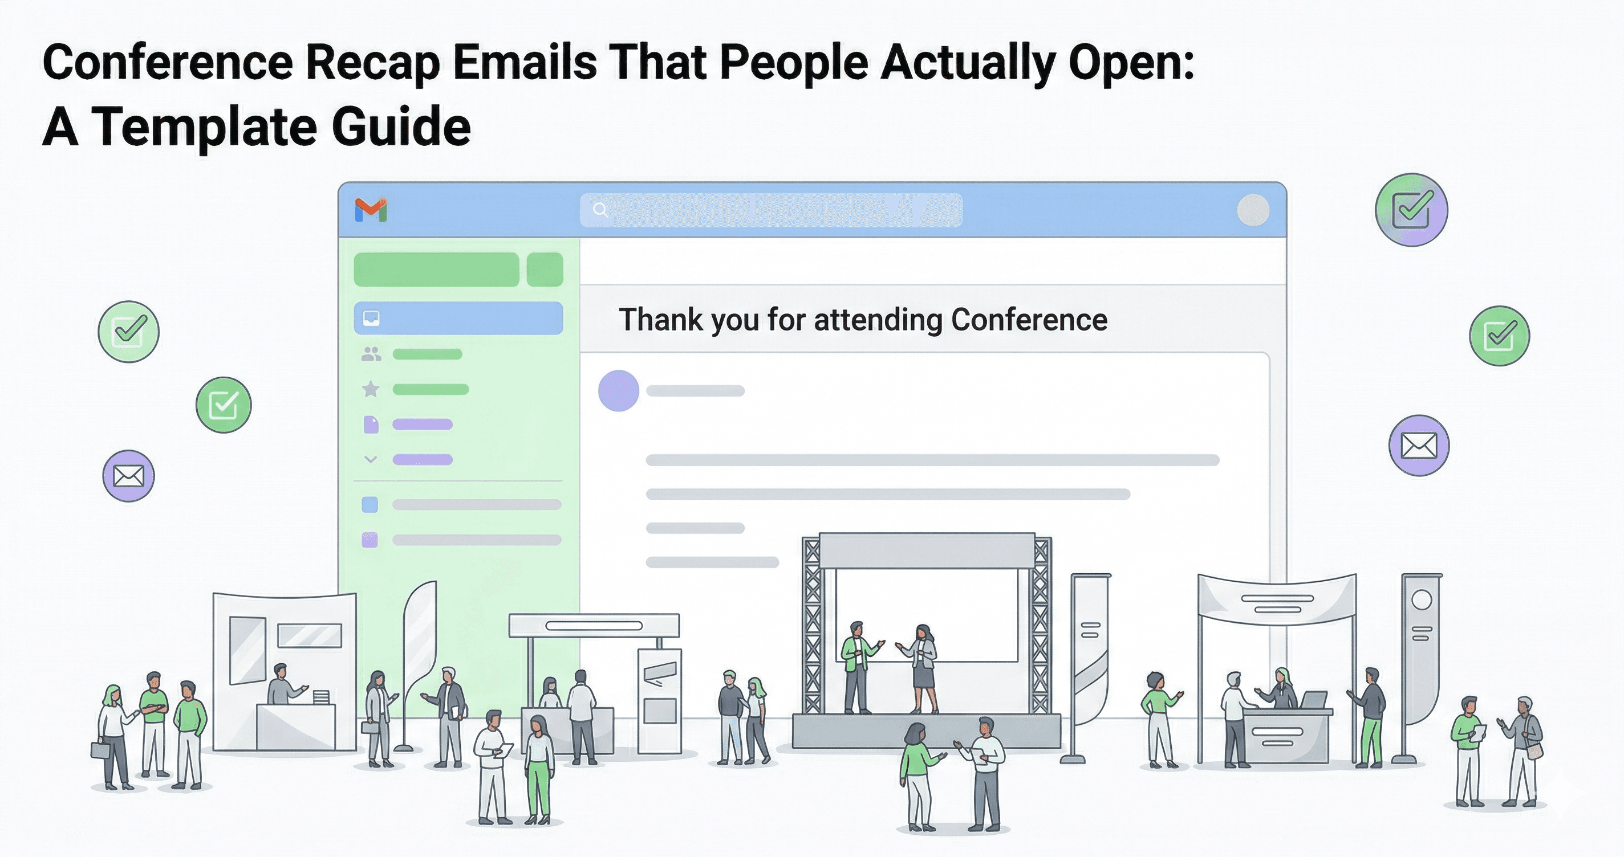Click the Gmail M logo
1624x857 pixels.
click(371, 210)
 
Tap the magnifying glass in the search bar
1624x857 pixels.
click(600, 210)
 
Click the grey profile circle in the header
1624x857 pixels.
click(1253, 210)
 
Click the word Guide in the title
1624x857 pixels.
click(401, 127)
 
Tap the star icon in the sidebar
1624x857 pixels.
click(371, 389)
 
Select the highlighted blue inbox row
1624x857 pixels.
click(458, 318)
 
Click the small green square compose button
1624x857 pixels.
click(545, 270)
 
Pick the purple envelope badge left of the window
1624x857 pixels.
click(129, 476)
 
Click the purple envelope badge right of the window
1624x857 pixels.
click(1419, 446)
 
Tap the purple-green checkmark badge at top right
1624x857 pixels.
click(1411, 210)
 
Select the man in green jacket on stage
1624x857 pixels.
click(856, 665)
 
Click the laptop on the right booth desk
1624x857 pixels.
click(1314, 700)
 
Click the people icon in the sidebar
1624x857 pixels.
click(371, 354)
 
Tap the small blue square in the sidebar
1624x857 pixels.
click(370, 504)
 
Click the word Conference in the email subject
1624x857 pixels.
click(1029, 320)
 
